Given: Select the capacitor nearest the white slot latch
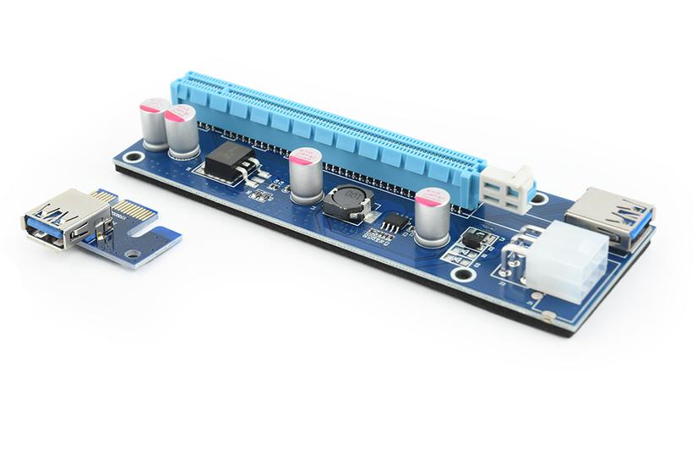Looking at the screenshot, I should click(432, 216).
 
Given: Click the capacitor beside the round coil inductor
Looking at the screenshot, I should click(305, 176).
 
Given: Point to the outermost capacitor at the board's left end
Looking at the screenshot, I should click(155, 123).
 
